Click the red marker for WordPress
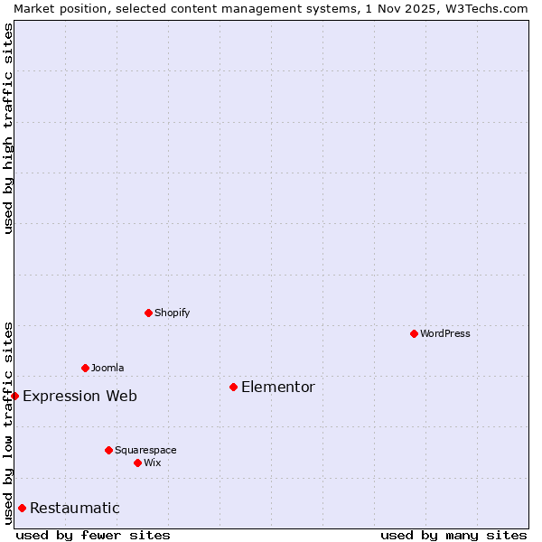pyautogui.click(x=414, y=333)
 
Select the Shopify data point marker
pyautogui.click(x=148, y=313)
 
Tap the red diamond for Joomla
pyautogui.click(x=85, y=368)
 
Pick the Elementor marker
pyautogui.click(x=233, y=387)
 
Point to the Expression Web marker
pyautogui.click(x=14, y=396)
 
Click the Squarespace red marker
pyautogui.click(x=108, y=450)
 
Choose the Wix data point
pyautogui.click(x=137, y=463)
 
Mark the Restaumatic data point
pyautogui.click(x=22, y=508)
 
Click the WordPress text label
pyautogui.click(x=445, y=333)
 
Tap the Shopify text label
pyautogui.click(x=173, y=313)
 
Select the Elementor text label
pyautogui.click(x=278, y=388)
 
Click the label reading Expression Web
pyautogui.click(x=80, y=397)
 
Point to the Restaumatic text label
pyautogui.click(x=75, y=509)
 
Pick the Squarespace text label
pyautogui.click(x=145, y=450)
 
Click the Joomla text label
pyautogui.click(x=107, y=368)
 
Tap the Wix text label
pyautogui.click(x=153, y=463)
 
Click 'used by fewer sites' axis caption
pyautogui.click(x=93, y=535)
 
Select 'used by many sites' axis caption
pyautogui.click(x=453, y=535)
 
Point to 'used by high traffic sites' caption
pyautogui.click(x=8, y=128)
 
